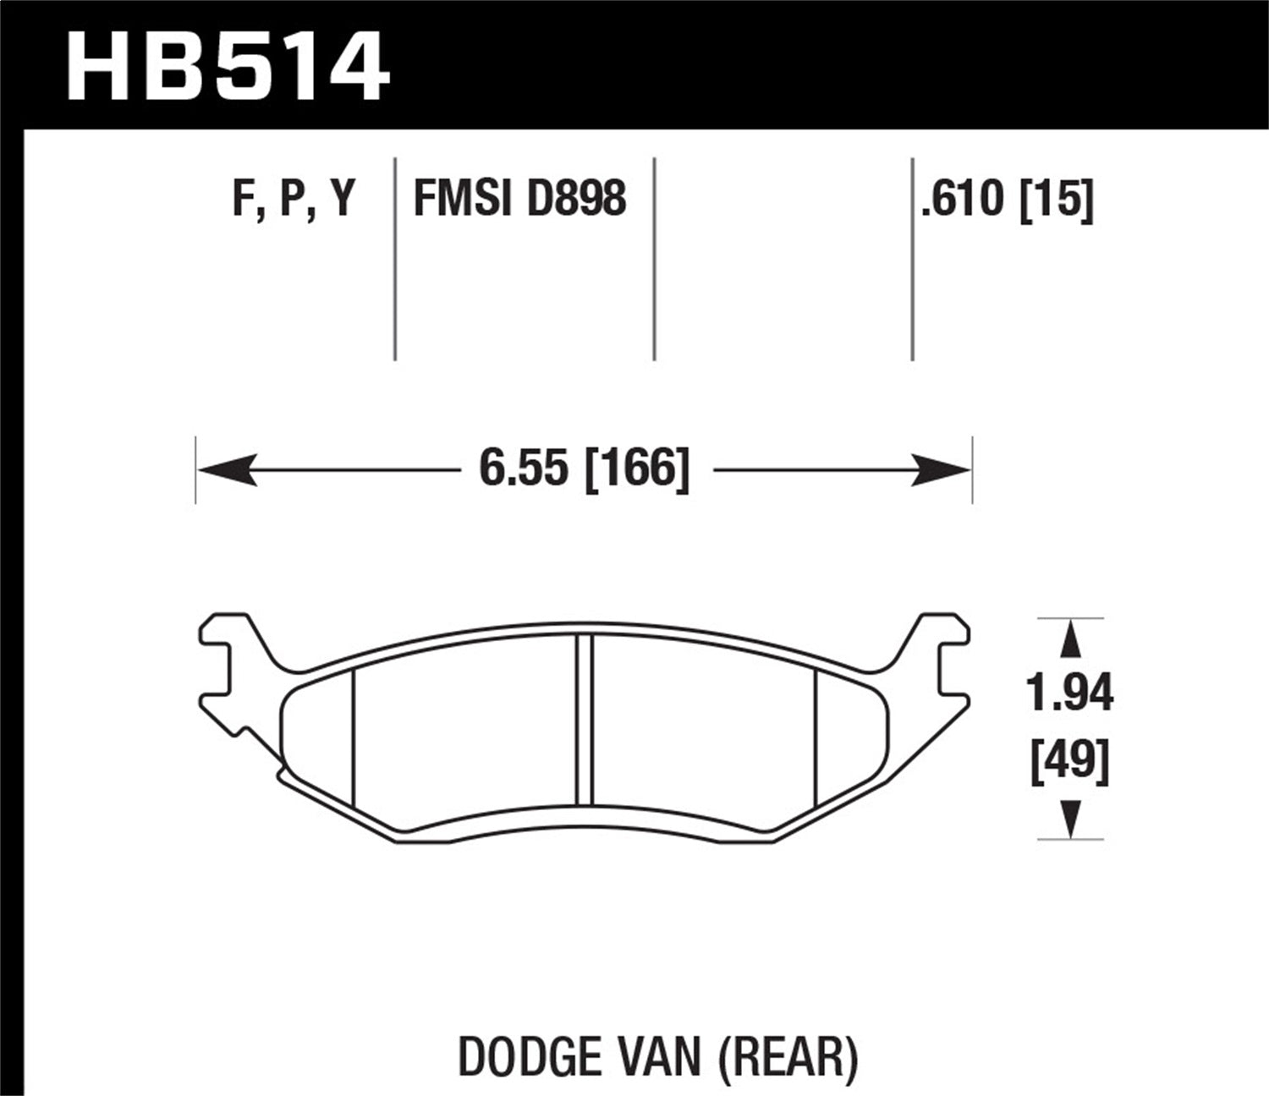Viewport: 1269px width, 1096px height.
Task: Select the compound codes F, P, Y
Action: click(x=294, y=200)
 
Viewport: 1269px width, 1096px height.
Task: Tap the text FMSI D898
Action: click(x=519, y=200)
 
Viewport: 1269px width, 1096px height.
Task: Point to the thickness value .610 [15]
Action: click(x=1008, y=200)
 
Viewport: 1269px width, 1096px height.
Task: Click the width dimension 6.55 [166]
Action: click(x=584, y=469)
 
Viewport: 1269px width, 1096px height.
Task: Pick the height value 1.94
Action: click(x=1069, y=694)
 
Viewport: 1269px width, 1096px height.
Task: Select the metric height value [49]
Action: click(x=1069, y=760)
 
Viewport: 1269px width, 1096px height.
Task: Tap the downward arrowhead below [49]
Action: click(x=1070, y=818)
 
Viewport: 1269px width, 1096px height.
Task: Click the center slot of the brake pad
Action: click(x=584, y=720)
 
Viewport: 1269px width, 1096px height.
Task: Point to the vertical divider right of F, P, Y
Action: click(x=395, y=259)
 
